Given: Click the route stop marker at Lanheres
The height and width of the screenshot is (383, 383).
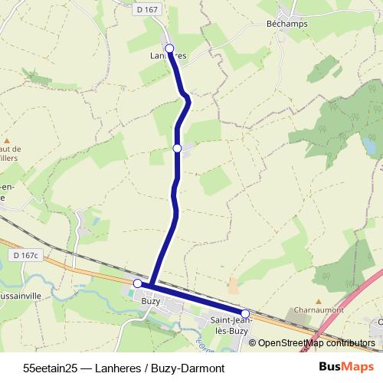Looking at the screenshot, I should (169, 47).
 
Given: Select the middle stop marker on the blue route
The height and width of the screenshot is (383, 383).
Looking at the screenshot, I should (177, 148).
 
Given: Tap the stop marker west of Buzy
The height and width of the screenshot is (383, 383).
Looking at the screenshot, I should (138, 283).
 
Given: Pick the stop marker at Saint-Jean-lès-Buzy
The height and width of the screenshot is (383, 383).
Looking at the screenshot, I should (246, 313).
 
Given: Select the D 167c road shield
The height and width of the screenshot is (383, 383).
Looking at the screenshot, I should (25, 254).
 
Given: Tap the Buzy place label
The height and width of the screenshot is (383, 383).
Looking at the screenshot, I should (151, 301).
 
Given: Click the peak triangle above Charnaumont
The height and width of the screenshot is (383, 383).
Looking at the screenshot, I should (318, 302).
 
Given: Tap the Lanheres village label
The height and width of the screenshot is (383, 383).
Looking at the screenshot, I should (169, 56).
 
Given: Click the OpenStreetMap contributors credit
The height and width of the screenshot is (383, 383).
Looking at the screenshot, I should (316, 343).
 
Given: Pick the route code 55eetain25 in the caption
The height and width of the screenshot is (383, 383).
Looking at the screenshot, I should (51, 368).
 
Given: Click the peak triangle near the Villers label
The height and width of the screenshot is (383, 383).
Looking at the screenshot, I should (8, 141).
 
